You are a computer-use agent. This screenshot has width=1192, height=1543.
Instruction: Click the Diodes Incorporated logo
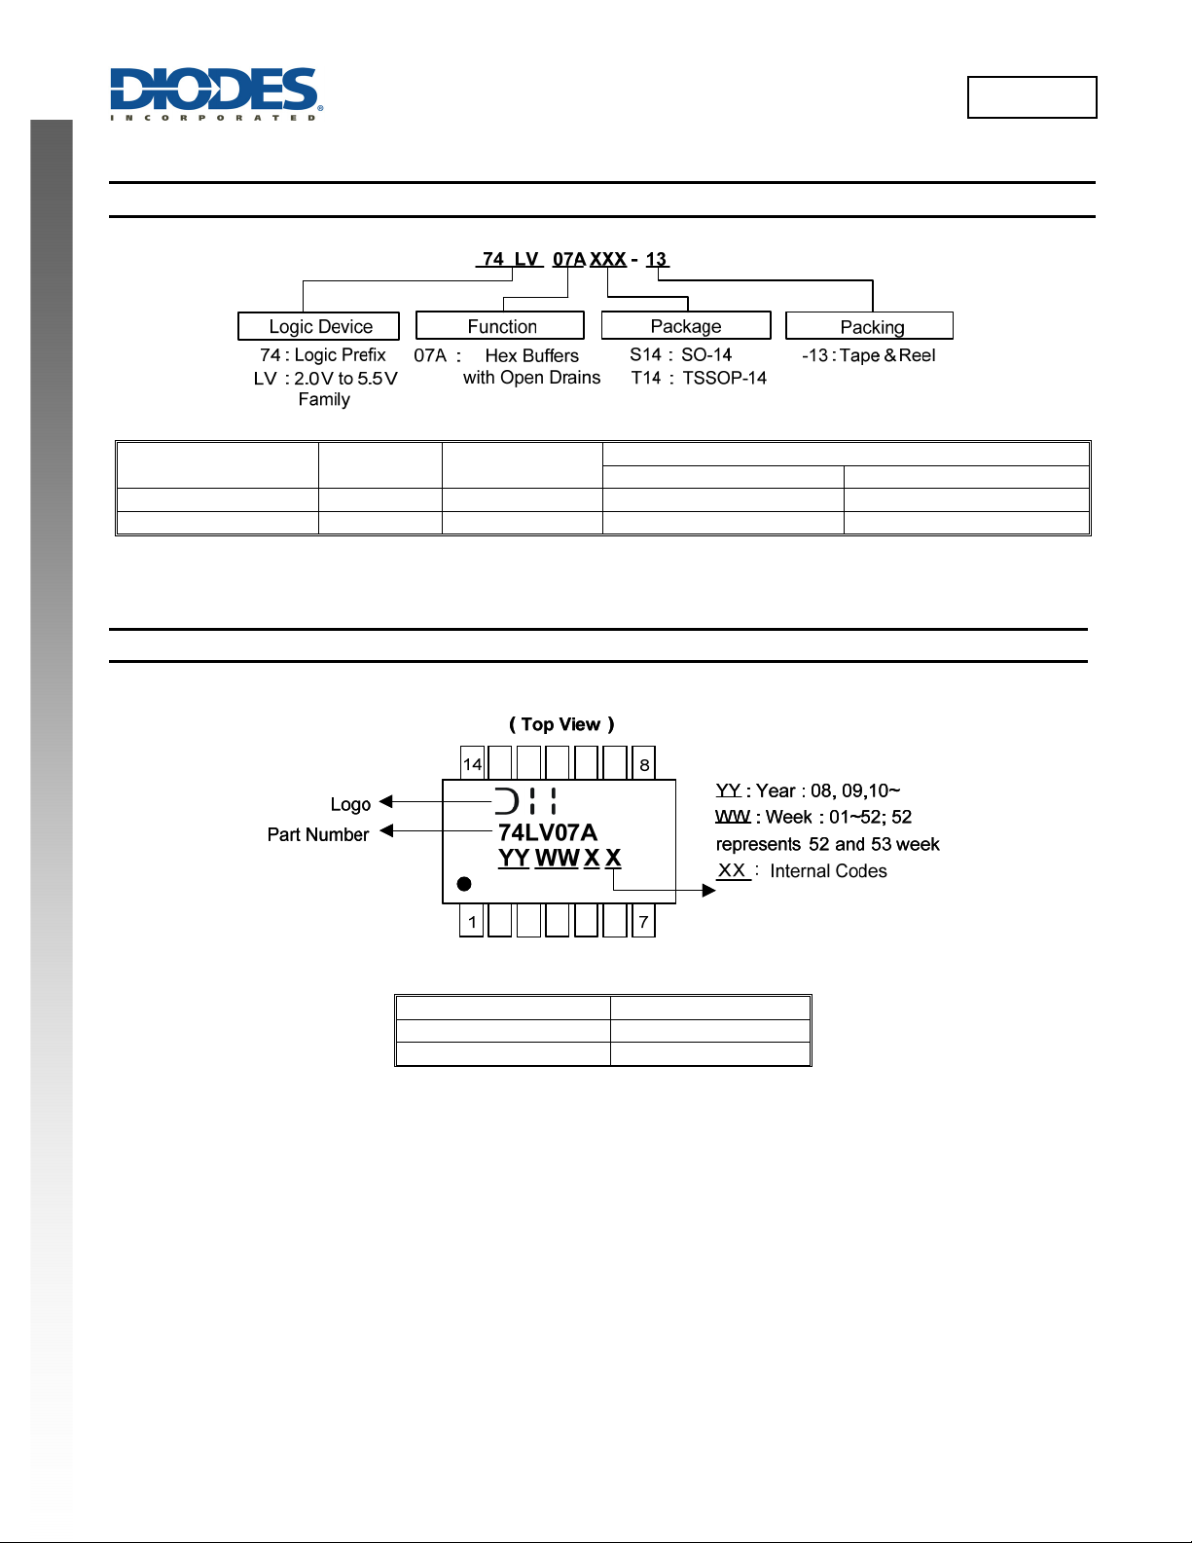pyautogui.click(x=215, y=93)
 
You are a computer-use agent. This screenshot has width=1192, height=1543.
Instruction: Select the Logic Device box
pyautogui.click(x=319, y=326)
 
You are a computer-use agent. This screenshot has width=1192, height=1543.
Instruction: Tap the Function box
pyautogui.click(x=500, y=326)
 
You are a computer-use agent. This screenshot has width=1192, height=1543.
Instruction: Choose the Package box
pyautogui.click(x=686, y=325)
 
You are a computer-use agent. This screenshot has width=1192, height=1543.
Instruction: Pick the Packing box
pyautogui.click(x=870, y=326)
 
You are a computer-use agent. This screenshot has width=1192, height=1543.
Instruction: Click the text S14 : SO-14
pyautogui.click(x=680, y=355)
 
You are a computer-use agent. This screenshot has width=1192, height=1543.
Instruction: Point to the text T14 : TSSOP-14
pyautogui.click(x=698, y=378)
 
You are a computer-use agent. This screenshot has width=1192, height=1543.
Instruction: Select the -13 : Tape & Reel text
pyautogui.click(x=868, y=355)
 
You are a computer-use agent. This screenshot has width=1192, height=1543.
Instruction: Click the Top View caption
pyautogui.click(x=561, y=724)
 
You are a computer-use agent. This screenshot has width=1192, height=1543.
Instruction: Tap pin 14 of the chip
pyautogui.click(x=472, y=764)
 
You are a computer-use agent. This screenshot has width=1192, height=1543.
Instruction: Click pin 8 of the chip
pyautogui.click(x=644, y=764)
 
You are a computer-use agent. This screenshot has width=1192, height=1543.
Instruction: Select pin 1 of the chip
pyautogui.click(x=472, y=922)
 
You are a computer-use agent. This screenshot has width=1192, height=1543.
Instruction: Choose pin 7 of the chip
pyautogui.click(x=643, y=922)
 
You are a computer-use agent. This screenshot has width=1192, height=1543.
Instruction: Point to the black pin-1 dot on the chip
pyautogui.click(x=464, y=884)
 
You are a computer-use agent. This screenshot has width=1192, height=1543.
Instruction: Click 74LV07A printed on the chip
pyautogui.click(x=547, y=832)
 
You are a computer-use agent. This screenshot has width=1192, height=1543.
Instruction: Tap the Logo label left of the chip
pyautogui.click(x=350, y=804)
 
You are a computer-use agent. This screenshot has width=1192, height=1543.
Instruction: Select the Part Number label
pyautogui.click(x=318, y=834)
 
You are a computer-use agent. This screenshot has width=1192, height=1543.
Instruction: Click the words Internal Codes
pyautogui.click(x=828, y=871)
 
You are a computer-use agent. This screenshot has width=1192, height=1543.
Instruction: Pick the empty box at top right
pyautogui.click(x=1031, y=97)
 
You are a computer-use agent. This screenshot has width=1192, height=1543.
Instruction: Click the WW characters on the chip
pyautogui.click(x=557, y=859)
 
